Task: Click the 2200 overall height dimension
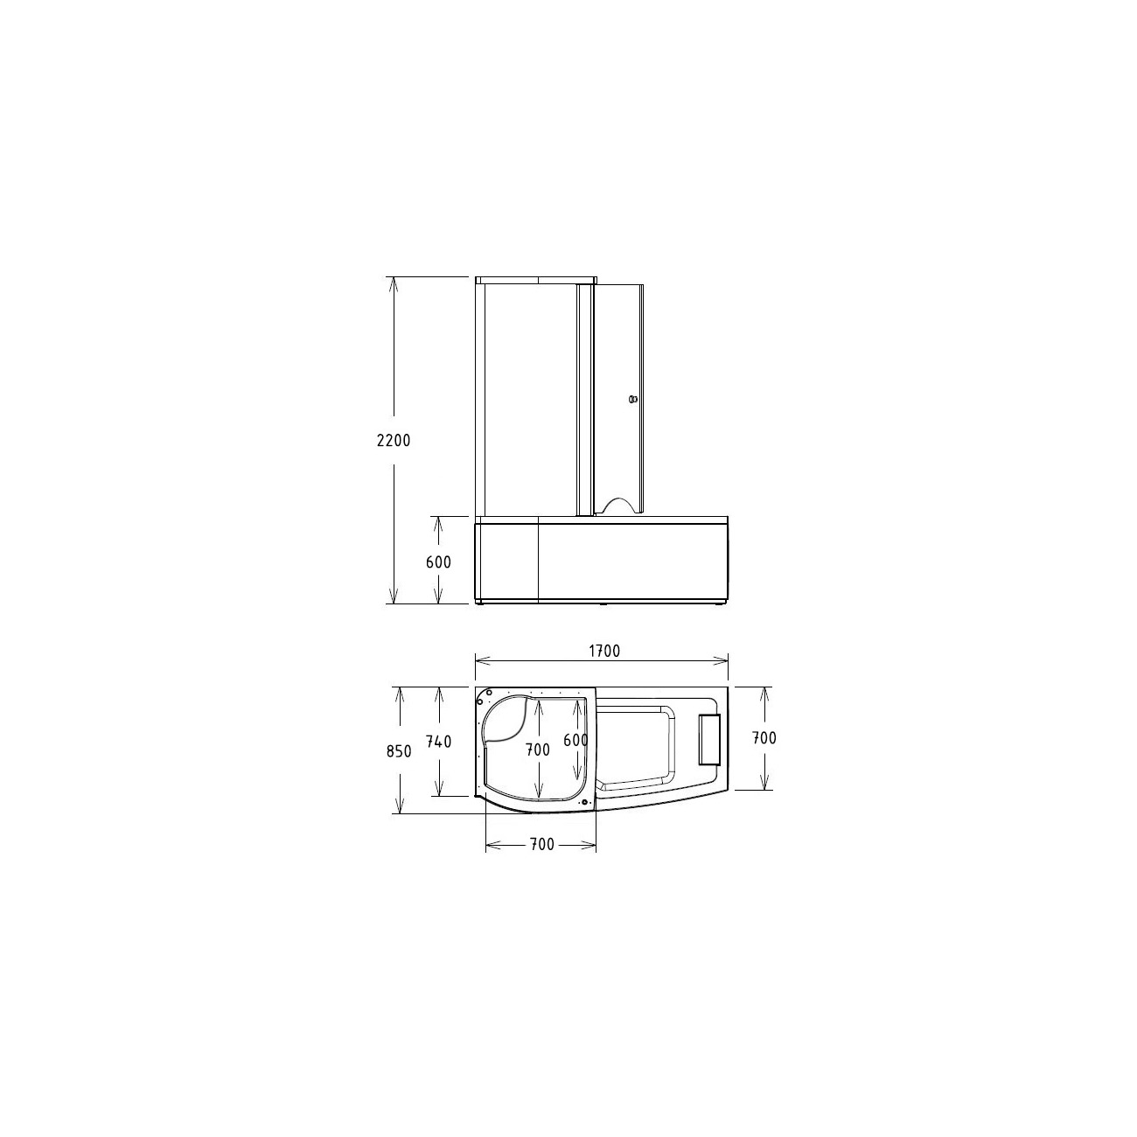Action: click(394, 440)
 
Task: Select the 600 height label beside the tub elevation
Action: click(438, 562)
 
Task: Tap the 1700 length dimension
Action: click(604, 651)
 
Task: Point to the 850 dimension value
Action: click(399, 751)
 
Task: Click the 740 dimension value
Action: click(438, 742)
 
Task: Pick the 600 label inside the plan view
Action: click(575, 740)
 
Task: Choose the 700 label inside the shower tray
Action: click(538, 750)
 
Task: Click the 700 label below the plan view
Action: click(541, 844)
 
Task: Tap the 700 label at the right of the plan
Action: click(764, 737)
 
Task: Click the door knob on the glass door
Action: click(633, 400)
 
